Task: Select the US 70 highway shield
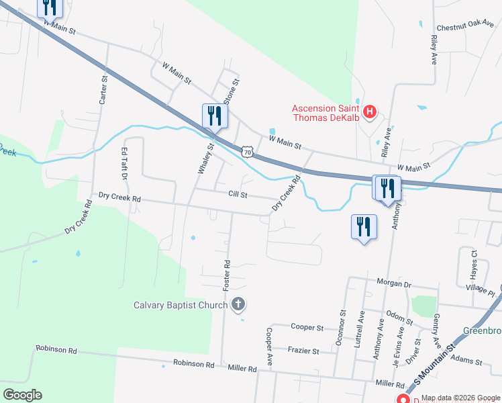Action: click(x=248, y=152)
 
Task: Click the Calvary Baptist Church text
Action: click(x=181, y=306)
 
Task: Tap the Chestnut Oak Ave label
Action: click(x=464, y=28)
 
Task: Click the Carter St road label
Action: click(x=103, y=89)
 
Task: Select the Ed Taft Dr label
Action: click(x=123, y=165)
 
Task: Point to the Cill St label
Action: click(x=238, y=195)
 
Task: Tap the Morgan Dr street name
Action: click(x=393, y=283)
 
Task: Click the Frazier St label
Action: click(x=303, y=350)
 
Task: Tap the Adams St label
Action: click(x=467, y=361)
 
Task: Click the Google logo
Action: click(x=22, y=395)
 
